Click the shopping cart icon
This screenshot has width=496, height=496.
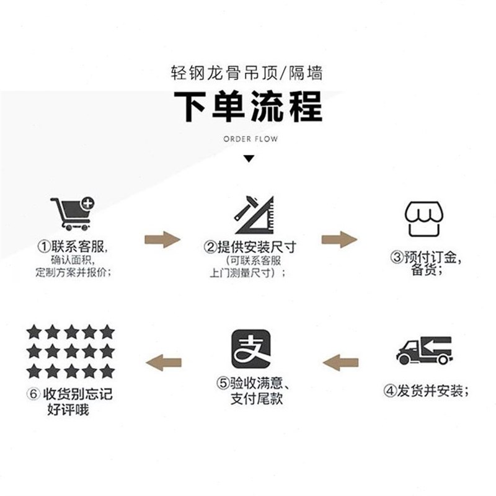tap(71, 214)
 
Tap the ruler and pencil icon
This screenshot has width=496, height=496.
tap(254, 215)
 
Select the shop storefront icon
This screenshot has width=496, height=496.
tap(425, 218)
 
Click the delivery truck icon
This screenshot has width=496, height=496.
tap(425, 351)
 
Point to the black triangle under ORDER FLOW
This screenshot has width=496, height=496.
tap(248, 159)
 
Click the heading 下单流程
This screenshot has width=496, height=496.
tap(248, 106)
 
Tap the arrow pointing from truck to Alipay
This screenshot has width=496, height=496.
tap(341, 361)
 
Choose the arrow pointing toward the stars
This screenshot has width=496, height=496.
tap(162, 361)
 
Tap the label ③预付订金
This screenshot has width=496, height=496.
tap(427, 257)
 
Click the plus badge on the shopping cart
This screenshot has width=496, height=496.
tap(87, 203)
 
